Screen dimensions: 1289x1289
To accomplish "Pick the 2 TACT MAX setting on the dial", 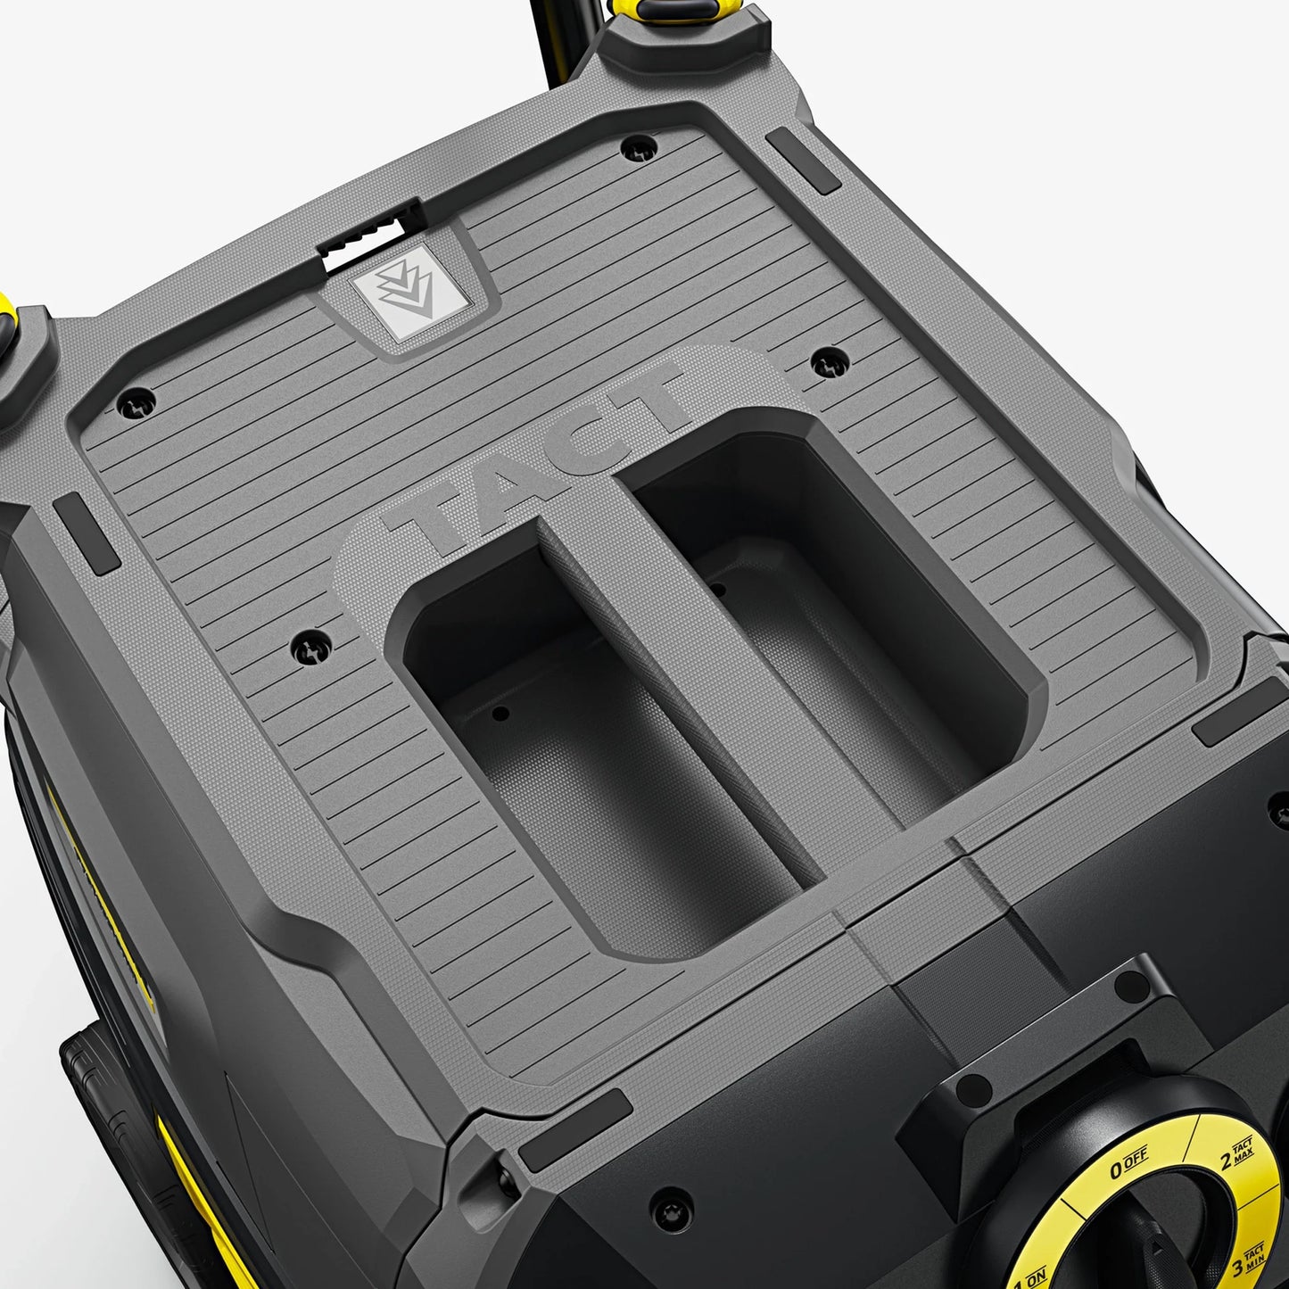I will [x=1238, y=1155].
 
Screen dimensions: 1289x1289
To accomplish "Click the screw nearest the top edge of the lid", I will [x=639, y=147].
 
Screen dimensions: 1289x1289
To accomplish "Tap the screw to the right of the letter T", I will [x=830, y=361].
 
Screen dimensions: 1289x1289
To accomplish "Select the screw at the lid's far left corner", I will [x=136, y=402].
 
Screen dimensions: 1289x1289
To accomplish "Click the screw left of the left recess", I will [x=311, y=645].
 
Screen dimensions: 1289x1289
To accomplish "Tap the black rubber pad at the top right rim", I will [x=803, y=161].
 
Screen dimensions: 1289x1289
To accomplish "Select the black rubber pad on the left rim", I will [x=86, y=534].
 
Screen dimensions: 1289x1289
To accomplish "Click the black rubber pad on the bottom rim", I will [x=575, y=1129].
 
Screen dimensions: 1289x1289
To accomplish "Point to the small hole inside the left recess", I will [x=500, y=713].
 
